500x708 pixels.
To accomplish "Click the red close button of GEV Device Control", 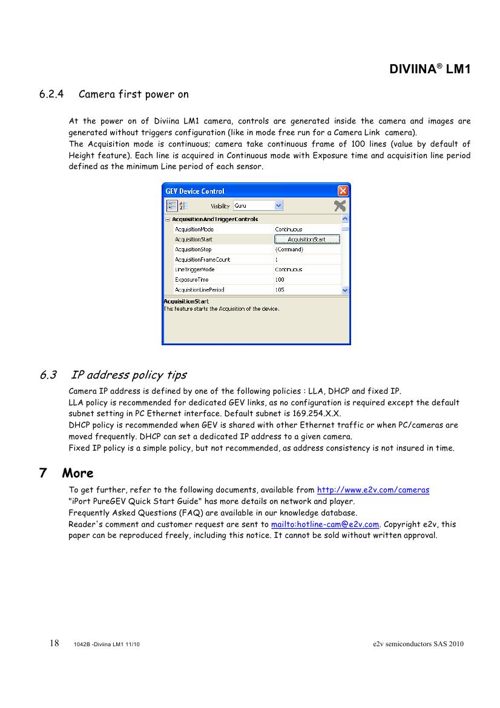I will pyautogui.click(x=343, y=191).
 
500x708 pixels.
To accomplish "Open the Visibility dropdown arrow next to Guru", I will pyautogui.click(x=278, y=206).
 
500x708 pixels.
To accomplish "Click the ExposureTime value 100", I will pyautogui.click(x=280, y=280).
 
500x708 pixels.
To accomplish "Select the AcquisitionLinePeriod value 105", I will pyautogui.click(x=280, y=290).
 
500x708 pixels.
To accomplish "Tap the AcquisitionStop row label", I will pyautogui.click(x=193, y=250).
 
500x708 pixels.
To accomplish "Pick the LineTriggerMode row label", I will pyautogui.click(x=195, y=270).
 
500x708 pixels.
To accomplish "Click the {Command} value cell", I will pyautogui.click(x=289, y=250).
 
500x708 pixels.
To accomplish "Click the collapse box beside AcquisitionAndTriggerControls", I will pyautogui.click(x=168, y=219).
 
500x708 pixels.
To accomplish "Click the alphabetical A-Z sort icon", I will pyautogui.click(x=182, y=206).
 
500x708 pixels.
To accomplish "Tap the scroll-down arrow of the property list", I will pyautogui.click(x=345, y=290).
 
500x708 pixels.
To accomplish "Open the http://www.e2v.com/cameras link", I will pyautogui.click(x=373, y=490).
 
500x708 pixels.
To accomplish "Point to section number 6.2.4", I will pyautogui.click(x=52, y=94).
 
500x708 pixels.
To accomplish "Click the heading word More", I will pyautogui.click(x=77, y=473).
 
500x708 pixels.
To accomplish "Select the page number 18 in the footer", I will pyautogui.click(x=54, y=643).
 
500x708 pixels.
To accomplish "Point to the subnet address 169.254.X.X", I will pyautogui.click(x=315, y=414).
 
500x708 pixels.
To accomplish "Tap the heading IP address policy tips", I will pyautogui.click(x=128, y=375).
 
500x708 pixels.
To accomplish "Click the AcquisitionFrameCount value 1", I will pyautogui.click(x=277, y=260).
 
